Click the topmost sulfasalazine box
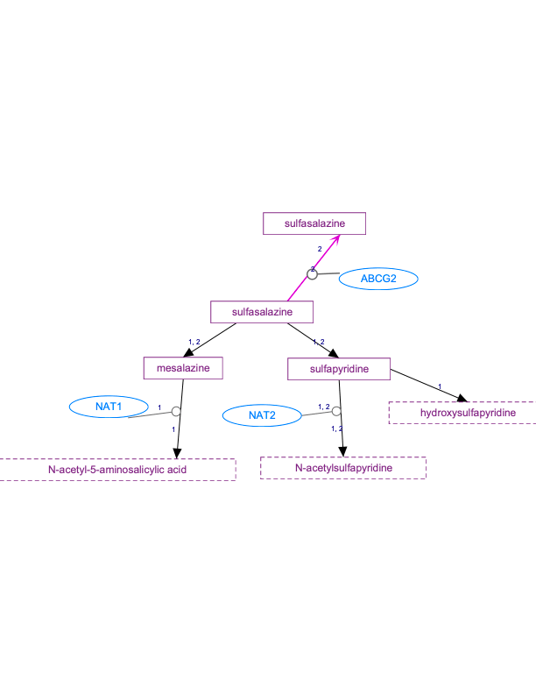point(314,223)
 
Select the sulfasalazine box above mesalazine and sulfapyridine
point(262,311)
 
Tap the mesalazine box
point(183,368)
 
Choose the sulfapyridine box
point(338,369)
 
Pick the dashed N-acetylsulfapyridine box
point(343,468)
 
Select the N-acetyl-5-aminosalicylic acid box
point(117,470)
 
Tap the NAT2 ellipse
point(262,415)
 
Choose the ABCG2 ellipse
point(378,279)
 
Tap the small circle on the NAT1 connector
point(176,411)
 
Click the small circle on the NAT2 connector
point(336,410)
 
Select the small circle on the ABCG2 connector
point(311,275)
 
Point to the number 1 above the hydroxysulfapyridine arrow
point(439,386)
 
